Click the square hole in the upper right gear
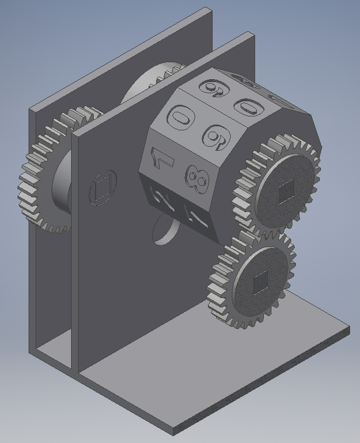[x=285, y=190]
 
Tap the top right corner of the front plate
[x=253, y=36]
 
